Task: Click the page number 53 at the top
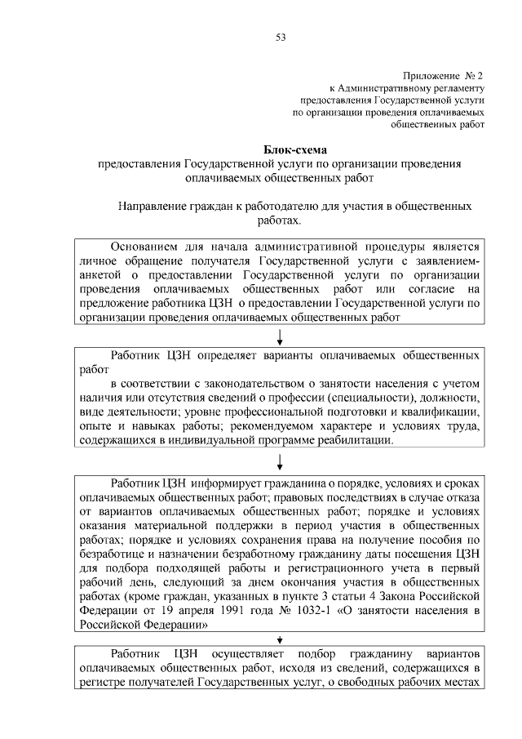[281, 38]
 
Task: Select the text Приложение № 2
[445, 74]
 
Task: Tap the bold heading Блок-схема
[294, 149]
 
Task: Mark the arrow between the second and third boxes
[281, 462]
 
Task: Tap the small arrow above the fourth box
[281, 639]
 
